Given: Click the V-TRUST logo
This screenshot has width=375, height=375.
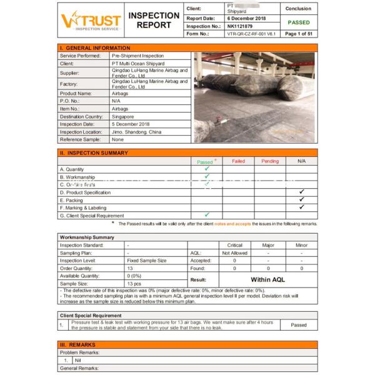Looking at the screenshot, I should tap(91, 21).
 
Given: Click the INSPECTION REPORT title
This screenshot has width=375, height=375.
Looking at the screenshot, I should tap(153, 20).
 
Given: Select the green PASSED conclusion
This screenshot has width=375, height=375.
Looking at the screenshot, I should tap(298, 22).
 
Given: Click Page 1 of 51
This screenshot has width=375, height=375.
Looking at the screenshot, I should tap(299, 34).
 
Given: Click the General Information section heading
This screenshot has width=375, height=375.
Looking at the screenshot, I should tap(96, 48).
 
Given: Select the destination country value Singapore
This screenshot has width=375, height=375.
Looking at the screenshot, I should tap(123, 116).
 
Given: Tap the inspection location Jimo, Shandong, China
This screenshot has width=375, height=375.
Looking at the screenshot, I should tap(136, 132).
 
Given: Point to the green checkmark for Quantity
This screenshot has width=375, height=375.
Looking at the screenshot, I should tap(207, 169).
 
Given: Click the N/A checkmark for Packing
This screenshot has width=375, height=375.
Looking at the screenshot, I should tap(301, 199).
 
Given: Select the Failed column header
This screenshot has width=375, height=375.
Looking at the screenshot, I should tap(238, 161).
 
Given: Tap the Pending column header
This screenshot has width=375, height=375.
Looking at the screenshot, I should tap(270, 161).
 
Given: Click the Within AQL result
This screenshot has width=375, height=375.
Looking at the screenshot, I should tap(267, 280).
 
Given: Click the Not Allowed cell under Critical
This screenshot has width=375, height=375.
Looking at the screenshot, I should tap(234, 253).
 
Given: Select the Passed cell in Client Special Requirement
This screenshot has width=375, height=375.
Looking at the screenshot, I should tap(299, 325).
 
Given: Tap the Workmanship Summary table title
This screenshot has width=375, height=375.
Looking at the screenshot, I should tap(87, 237).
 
